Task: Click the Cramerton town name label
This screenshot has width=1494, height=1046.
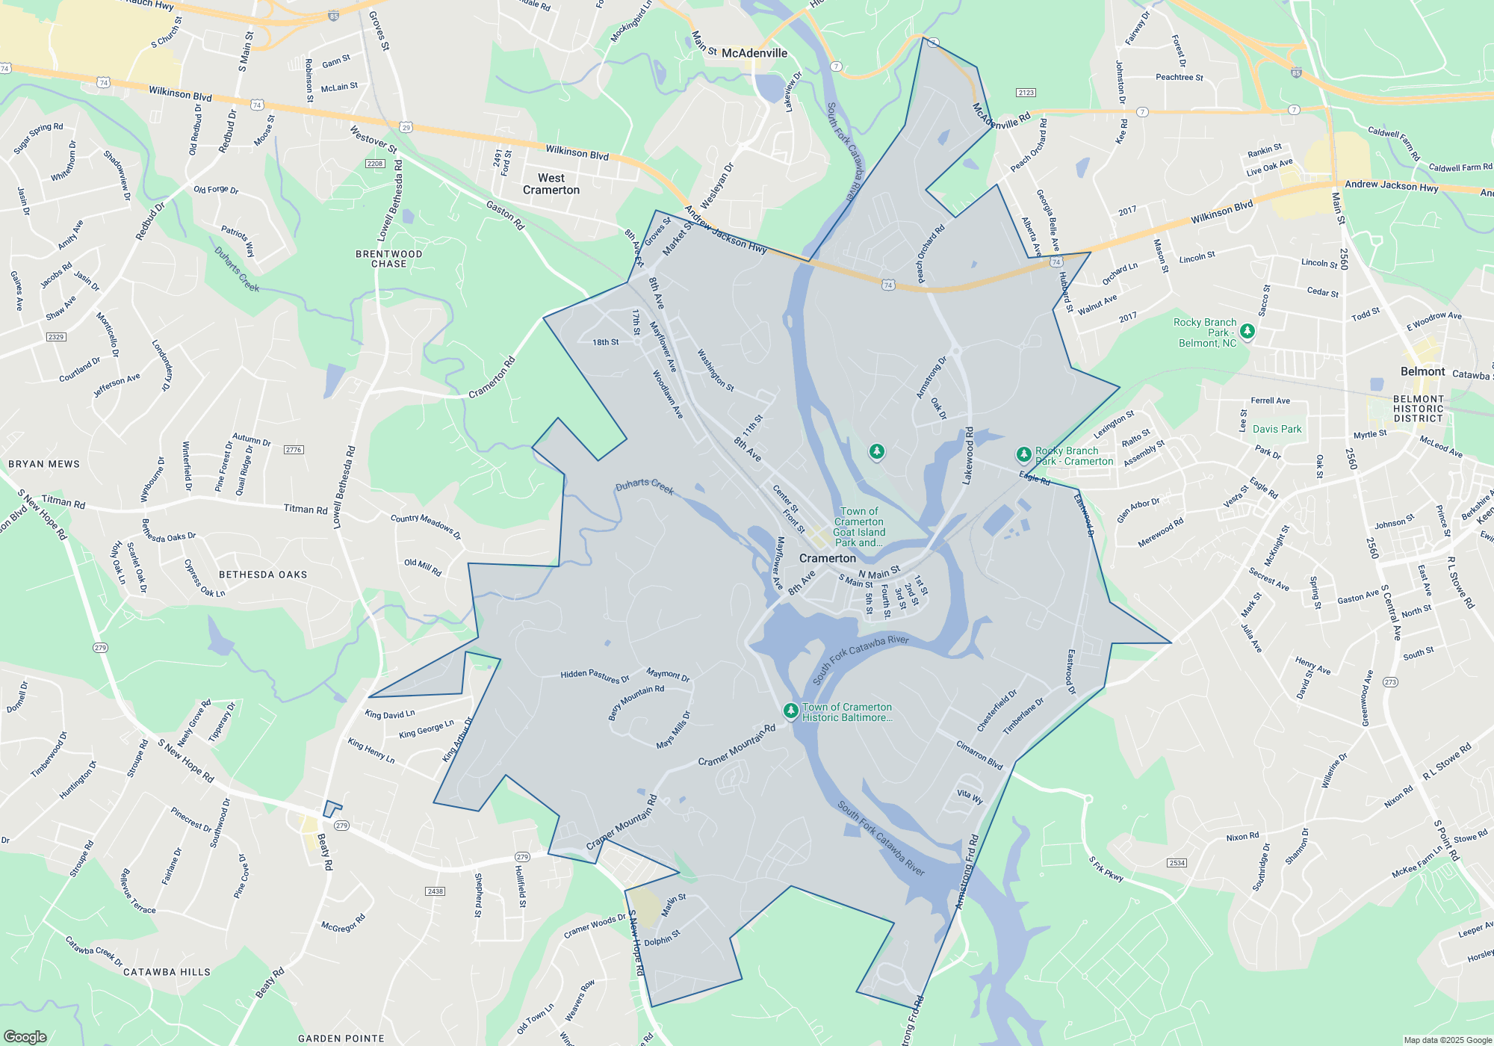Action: tap(828, 558)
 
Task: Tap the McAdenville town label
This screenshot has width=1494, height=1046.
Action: tap(754, 53)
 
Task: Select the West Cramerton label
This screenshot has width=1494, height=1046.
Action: tap(551, 184)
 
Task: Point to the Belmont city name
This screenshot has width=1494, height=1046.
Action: tap(1422, 371)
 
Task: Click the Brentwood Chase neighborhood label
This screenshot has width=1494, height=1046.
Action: tap(388, 259)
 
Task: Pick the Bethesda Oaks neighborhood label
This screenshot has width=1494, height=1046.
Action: tap(263, 575)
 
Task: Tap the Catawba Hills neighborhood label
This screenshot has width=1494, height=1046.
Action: tap(167, 972)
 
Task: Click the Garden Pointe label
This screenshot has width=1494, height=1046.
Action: tap(341, 1039)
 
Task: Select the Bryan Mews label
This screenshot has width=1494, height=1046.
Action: tap(44, 464)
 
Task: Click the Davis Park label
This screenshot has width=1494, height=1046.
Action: tap(1277, 429)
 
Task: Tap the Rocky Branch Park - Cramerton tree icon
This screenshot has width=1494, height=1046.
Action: tap(1023, 454)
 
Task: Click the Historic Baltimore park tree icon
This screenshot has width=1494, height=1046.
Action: tap(790, 710)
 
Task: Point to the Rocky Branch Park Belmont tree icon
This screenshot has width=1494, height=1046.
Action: tap(1247, 330)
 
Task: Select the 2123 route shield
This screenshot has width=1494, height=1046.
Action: tap(1026, 93)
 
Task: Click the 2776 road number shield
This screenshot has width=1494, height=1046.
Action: tap(294, 450)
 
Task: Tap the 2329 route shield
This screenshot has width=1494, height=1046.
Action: tap(56, 337)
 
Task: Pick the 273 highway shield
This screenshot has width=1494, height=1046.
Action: tap(1390, 682)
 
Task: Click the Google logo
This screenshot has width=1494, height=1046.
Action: tap(25, 1037)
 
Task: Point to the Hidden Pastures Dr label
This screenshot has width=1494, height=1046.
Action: tap(595, 676)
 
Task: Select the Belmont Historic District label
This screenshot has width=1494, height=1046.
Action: tap(1418, 409)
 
